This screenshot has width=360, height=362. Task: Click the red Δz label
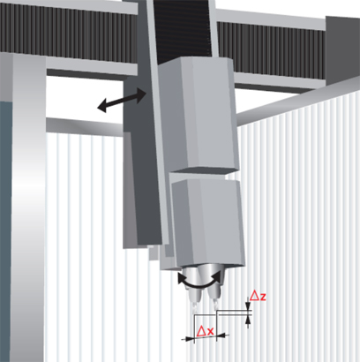[x=258, y=296]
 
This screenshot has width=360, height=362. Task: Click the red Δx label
[x=205, y=331]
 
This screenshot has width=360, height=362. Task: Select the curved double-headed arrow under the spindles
[x=199, y=280]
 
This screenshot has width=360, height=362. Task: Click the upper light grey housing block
[x=198, y=115]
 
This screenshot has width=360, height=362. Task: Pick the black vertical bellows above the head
[x=184, y=31]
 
